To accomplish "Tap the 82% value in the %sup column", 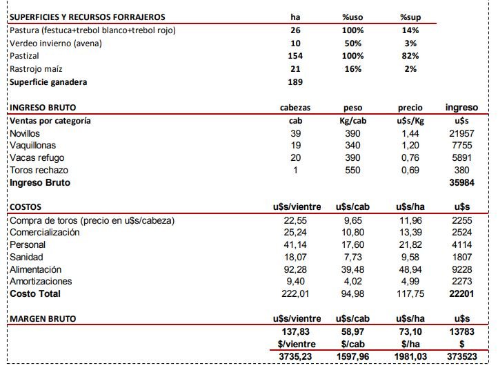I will (410, 55).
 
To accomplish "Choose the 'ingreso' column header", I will (461, 107).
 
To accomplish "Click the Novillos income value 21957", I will (461, 133).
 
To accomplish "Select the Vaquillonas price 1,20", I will (410, 146).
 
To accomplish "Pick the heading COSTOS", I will (26, 206).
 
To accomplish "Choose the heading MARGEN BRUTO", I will (43, 318).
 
